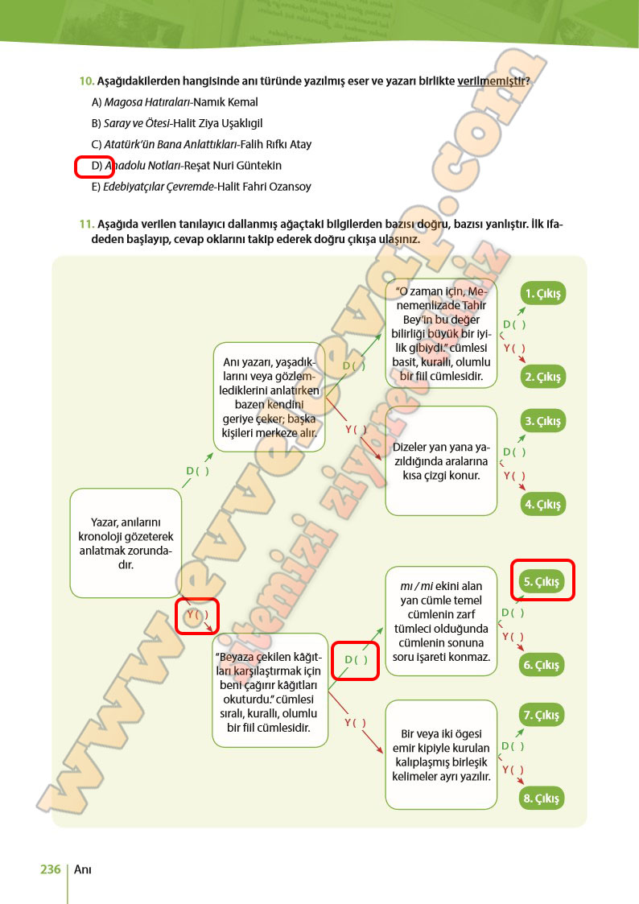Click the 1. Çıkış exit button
pos(543,293)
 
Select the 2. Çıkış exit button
pos(543,377)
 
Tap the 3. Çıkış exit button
pos(543,421)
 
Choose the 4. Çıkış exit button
pos(543,505)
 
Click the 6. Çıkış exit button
pos(543,665)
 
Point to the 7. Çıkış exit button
pos(543,715)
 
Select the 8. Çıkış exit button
pos(543,799)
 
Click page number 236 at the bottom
pos(50,869)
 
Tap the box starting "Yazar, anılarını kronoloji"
pos(126,543)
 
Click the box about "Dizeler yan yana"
pos(441,460)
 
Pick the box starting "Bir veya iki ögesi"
pos(441,754)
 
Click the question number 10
pos(86,81)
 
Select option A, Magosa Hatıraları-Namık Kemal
pos(175,102)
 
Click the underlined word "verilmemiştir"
pos(493,81)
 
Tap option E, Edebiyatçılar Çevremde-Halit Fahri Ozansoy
pos(201,186)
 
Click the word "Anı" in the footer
pos(82,869)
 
